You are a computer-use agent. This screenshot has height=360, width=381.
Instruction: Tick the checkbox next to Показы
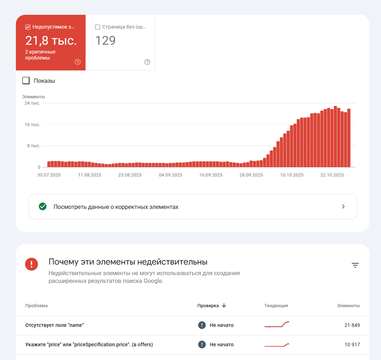26,81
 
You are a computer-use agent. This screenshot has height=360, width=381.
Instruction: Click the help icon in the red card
78,62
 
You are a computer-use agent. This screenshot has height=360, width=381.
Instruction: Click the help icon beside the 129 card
147,62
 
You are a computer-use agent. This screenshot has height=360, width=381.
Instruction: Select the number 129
106,41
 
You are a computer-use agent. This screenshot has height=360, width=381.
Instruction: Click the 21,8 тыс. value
51,41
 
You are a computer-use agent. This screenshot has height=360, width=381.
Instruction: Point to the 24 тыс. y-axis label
32,103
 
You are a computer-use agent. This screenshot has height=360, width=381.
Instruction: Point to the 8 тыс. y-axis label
33,145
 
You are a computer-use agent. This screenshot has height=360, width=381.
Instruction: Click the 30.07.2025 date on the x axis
49,175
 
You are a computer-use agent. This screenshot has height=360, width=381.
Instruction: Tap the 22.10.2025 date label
332,175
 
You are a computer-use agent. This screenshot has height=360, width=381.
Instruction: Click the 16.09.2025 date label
211,175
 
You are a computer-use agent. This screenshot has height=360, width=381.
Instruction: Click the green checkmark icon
43,207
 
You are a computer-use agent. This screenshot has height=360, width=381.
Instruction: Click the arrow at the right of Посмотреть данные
343,207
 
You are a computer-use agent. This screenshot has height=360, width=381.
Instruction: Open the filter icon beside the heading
355,265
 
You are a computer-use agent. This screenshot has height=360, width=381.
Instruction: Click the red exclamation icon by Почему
32,264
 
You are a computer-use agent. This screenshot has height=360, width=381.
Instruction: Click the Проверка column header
208,306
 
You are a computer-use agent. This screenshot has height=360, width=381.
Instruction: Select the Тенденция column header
276,306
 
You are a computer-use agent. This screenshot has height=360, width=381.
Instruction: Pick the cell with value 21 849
352,325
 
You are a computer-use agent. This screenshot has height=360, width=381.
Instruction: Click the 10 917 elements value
352,345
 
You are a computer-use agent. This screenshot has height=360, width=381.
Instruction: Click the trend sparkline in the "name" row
277,325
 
